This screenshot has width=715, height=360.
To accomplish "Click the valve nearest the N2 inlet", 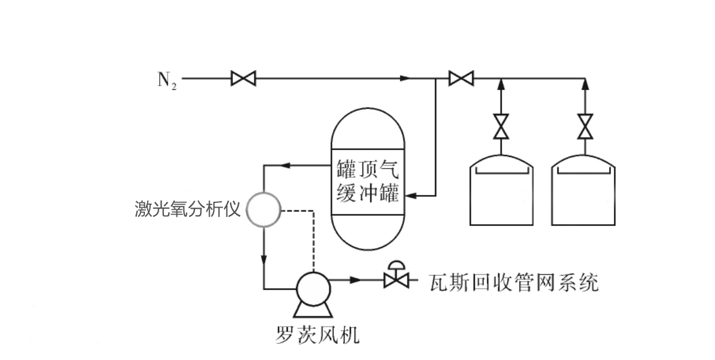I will (243, 78).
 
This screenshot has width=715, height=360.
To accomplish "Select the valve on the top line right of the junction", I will (460, 78).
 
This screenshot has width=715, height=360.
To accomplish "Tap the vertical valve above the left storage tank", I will (501, 127).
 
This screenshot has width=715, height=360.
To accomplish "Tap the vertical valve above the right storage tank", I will (585, 127).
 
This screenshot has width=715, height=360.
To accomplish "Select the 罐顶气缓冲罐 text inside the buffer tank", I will (368, 181).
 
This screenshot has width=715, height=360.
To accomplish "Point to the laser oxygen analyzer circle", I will (263, 209).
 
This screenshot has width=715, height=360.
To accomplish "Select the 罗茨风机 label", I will (317, 334).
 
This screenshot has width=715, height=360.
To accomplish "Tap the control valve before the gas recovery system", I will (395, 279).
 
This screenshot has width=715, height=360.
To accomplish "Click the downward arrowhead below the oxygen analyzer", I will (263, 258).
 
